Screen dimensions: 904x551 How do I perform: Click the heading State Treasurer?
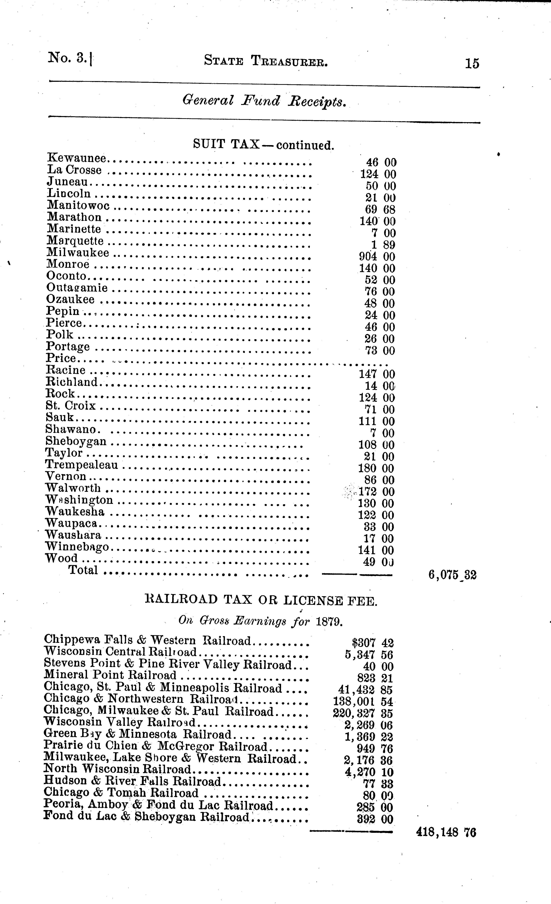coord(266,61)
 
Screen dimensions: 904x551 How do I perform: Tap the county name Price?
coord(61,358)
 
